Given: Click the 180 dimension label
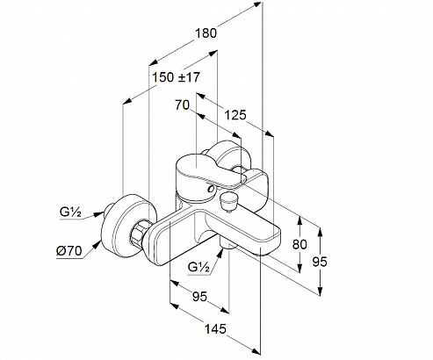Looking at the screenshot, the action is pyautogui.click(x=206, y=33).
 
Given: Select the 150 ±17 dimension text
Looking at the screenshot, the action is pyautogui.click(x=177, y=77).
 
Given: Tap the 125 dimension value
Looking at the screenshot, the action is pyautogui.click(x=235, y=115).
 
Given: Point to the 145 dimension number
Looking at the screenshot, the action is pyautogui.click(x=215, y=329).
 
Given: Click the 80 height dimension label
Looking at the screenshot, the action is pyautogui.click(x=299, y=244).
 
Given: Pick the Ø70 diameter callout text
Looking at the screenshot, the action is pyautogui.click(x=69, y=251).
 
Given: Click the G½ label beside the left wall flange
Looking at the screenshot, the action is pyautogui.click(x=70, y=212).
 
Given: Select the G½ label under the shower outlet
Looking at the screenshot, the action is pyautogui.click(x=198, y=267).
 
